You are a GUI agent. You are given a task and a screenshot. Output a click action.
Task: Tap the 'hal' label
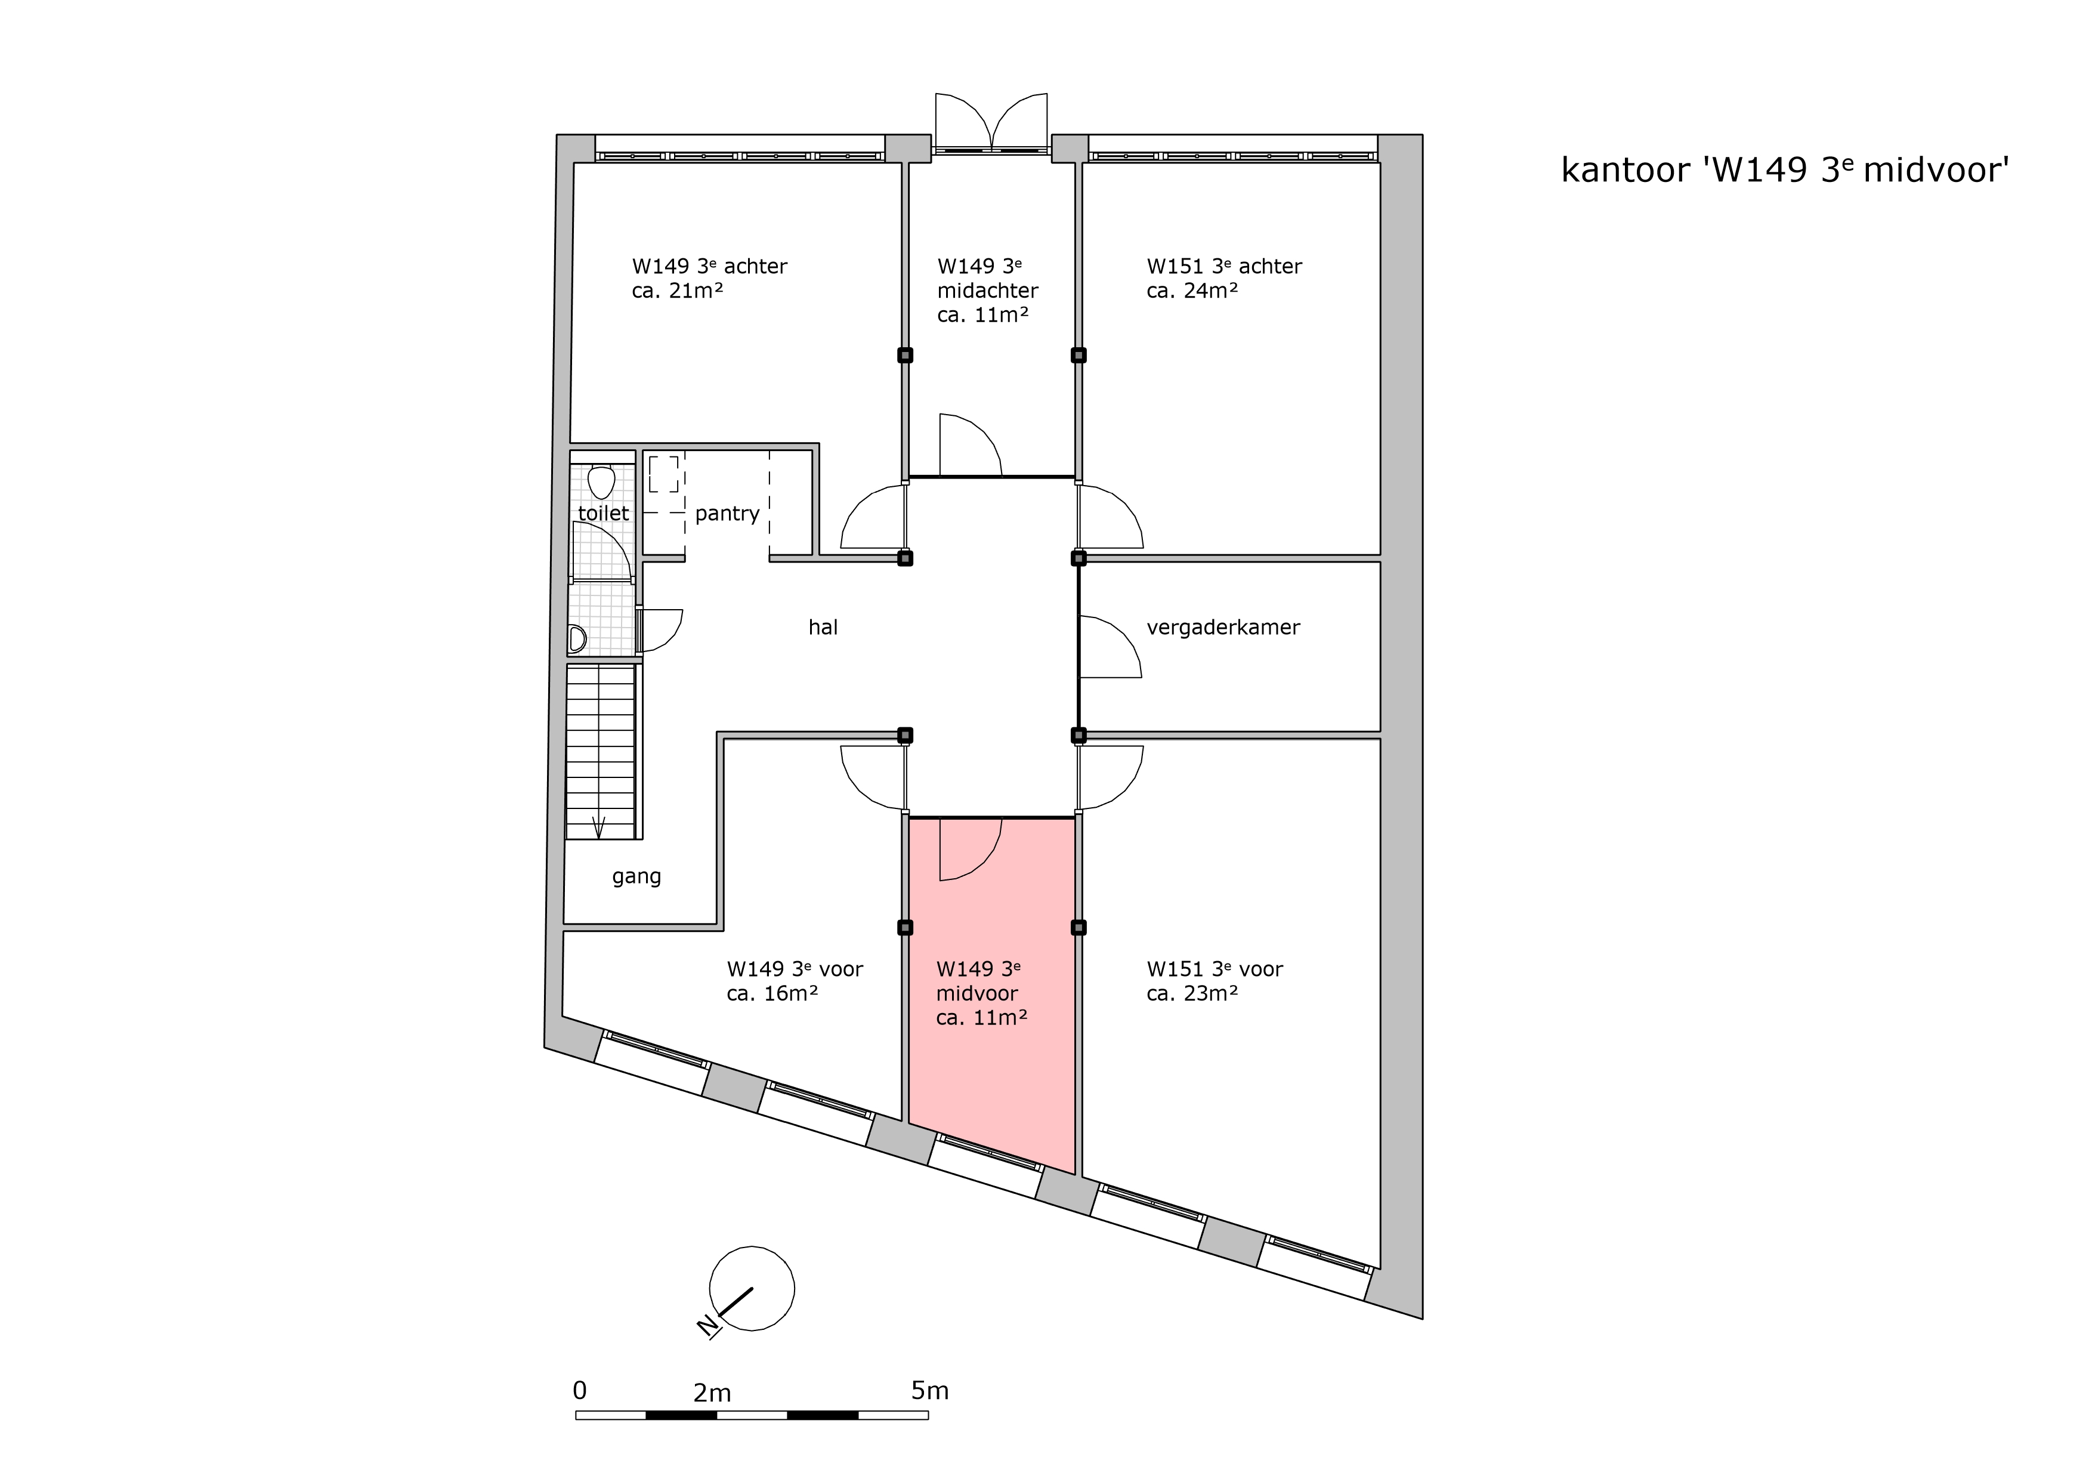[823, 627]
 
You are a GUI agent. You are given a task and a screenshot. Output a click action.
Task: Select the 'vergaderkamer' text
[1223, 628]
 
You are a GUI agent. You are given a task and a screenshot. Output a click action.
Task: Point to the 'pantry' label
[727, 514]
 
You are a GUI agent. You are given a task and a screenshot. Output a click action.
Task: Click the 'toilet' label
[603, 513]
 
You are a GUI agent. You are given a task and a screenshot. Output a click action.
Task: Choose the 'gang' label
[636, 876]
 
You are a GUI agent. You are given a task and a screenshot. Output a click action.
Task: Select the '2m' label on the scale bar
[712, 1393]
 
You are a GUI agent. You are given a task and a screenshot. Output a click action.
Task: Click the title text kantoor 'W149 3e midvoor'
[1785, 171]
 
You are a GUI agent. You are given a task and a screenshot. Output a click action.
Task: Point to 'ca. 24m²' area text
[1192, 291]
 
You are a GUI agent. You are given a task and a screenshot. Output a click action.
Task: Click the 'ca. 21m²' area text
[678, 291]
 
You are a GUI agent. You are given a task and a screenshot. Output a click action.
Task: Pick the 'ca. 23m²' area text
[1192, 993]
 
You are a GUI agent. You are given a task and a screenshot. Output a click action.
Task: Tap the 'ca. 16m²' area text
[772, 993]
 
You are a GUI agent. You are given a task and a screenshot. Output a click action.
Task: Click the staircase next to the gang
[601, 752]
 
